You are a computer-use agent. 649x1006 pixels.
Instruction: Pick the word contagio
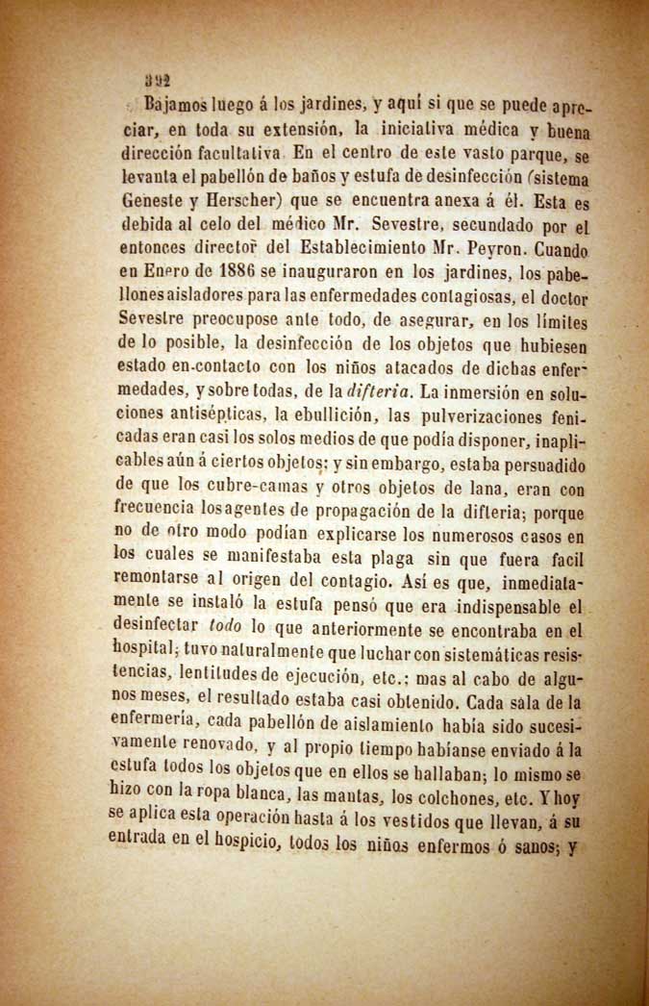pyautogui.click(x=381, y=583)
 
